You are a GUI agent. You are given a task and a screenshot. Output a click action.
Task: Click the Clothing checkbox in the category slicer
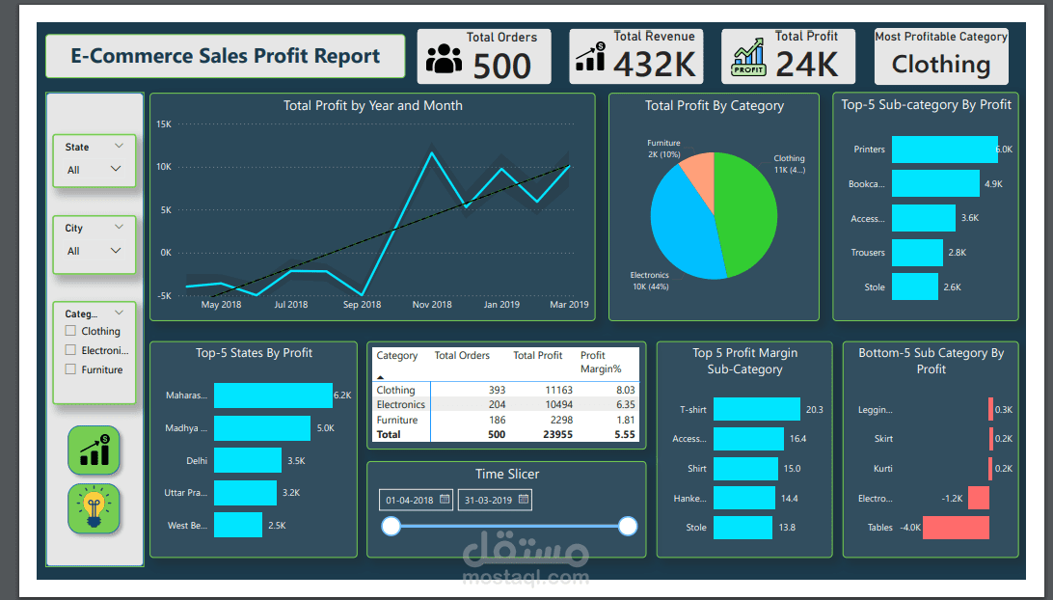tap(70, 331)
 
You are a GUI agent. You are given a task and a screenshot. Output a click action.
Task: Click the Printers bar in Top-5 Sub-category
tap(943, 150)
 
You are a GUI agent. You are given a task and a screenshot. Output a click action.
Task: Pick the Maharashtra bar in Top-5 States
tap(273, 395)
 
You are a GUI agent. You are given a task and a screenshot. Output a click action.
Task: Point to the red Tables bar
tap(956, 528)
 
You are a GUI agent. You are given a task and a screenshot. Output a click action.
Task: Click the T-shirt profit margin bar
tap(756, 410)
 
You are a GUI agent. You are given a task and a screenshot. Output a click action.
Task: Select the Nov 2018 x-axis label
tap(432, 305)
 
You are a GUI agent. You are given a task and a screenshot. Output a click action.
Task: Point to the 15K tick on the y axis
tap(164, 124)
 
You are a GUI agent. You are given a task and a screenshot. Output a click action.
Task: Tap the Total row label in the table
tap(389, 435)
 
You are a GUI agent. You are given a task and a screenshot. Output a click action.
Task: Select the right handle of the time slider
tap(628, 526)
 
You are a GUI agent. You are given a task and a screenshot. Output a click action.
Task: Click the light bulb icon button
tap(94, 508)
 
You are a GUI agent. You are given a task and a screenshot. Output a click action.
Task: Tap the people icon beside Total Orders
tap(444, 59)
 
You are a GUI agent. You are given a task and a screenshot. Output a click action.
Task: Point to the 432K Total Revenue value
tap(655, 65)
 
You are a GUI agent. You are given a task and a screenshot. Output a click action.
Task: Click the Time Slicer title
tap(507, 474)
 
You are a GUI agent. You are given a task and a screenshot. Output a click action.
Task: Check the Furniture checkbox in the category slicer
tap(70, 369)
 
